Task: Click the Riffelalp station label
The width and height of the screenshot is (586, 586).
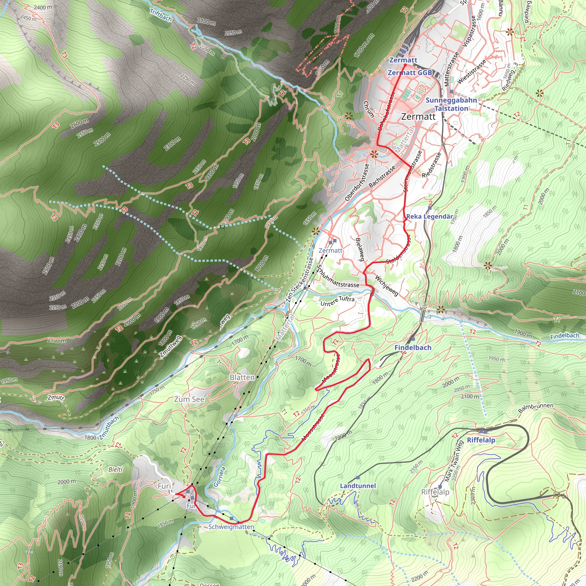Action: click(x=481, y=440)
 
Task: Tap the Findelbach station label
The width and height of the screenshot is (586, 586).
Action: click(x=413, y=348)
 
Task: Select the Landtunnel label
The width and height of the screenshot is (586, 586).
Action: click(x=358, y=486)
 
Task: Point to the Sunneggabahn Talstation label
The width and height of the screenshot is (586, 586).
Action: click(x=451, y=104)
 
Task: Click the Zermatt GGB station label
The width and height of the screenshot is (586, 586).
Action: click(x=410, y=73)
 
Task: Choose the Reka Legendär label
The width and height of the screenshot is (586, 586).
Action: click(x=429, y=217)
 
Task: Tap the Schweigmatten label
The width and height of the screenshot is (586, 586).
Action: click(x=231, y=527)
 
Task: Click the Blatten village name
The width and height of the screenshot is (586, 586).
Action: click(x=242, y=377)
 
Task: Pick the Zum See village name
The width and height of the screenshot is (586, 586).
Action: click(x=189, y=399)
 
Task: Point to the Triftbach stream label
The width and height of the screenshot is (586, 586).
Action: click(x=161, y=15)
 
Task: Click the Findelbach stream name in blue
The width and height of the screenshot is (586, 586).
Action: click(x=565, y=336)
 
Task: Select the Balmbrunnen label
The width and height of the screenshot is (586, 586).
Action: click(x=536, y=408)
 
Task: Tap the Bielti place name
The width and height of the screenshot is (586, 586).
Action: click(x=116, y=470)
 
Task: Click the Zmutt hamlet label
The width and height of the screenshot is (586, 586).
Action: click(x=56, y=397)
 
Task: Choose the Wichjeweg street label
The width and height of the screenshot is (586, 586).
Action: click(x=386, y=285)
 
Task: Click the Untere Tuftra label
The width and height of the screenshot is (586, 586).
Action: click(x=337, y=301)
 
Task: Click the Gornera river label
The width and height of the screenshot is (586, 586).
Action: click(x=219, y=477)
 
